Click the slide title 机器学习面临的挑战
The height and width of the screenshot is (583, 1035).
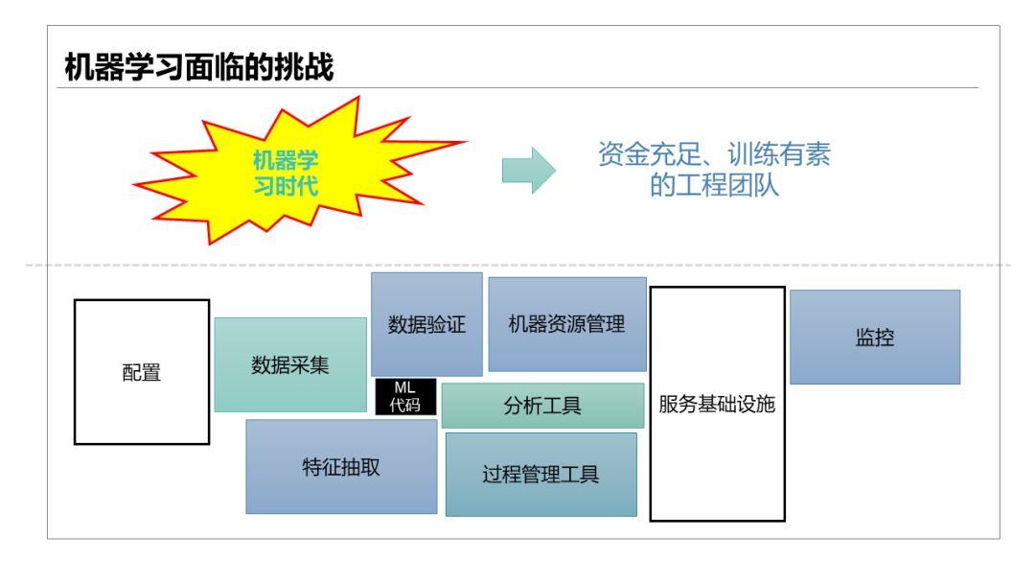pos(199,68)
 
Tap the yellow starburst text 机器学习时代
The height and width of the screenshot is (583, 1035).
pos(286,173)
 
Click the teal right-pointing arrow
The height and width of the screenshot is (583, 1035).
pos(528,171)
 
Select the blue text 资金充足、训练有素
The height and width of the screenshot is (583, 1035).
pos(714,154)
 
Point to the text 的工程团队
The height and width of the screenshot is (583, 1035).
pos(714,185)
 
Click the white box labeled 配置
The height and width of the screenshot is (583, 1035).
pos(142,372)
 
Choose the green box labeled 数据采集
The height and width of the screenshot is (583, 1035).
pos(290,364)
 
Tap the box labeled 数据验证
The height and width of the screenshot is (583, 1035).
pos(426,324)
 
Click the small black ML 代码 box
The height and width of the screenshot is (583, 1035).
pos(405,396)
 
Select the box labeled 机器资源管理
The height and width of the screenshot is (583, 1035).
pos(566,324)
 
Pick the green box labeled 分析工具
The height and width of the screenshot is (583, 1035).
pos(542,406)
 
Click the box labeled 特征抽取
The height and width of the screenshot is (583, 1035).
pos(341,467)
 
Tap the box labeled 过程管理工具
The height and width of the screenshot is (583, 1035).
pos(540,474)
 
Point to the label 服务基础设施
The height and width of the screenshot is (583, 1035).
pos(717,404)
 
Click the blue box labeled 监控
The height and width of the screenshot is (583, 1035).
pos(874,338)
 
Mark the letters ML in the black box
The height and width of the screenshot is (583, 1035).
pos(405,387)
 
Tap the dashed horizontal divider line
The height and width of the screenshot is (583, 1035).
pos(517,265)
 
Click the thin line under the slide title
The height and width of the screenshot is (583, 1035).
pos(517,88)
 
